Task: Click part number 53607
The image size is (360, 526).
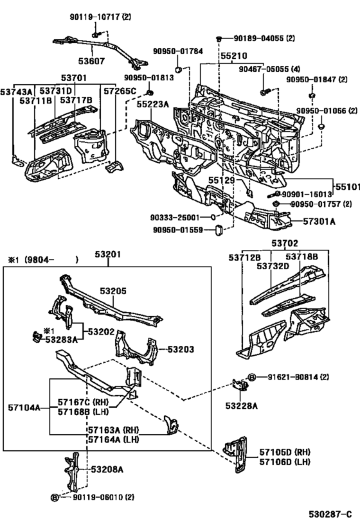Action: click(x=93, y=62)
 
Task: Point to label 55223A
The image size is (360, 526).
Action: click(x=152, y=105)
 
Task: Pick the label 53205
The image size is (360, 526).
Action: click(x=113, y=290)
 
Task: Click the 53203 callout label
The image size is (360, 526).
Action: click(x=181, y=349)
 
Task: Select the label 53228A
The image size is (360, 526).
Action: click(x=241, y=406)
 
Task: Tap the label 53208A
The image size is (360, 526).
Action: click(x=107, y=469)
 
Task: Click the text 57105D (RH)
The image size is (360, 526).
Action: click(x=284, y=452)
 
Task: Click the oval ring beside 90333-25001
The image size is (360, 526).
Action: click(x=213, y=218)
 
